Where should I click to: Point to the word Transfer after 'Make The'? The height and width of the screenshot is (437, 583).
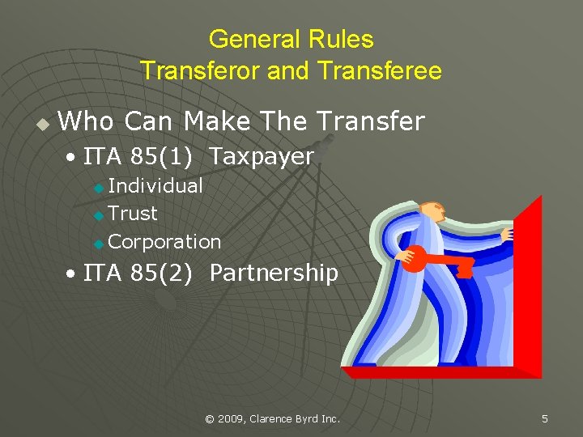click(370, 121)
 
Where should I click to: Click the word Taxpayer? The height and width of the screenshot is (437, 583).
click(261, 157)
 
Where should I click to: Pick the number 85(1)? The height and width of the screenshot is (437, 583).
click(164, 157)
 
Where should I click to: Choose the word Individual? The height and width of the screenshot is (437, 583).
click(155, 186)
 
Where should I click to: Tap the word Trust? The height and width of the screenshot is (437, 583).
click(132, 214)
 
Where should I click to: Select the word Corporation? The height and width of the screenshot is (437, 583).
click(164, 241)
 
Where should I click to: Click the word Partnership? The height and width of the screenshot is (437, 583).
click(273, 274)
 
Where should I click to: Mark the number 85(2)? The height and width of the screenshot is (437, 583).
click(164, 274)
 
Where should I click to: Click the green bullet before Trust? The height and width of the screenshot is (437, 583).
click(99, 215)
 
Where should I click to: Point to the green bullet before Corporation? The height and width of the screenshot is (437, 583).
click(99, 243)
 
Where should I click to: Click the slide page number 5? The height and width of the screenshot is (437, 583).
click(544, 418)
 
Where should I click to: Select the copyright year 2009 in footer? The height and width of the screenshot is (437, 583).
click(233, 418)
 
